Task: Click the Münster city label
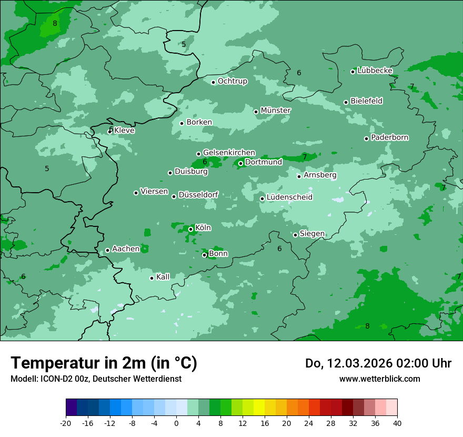click(276, 111)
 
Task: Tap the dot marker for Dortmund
click(241, 163)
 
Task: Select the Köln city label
click(203, 228)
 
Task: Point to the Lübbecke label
click(375, 71)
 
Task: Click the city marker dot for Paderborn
click(367, 138)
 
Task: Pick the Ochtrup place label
click(233, 81)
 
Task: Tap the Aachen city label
click(126, 249)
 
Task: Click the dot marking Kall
click(152, 278)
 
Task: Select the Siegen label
click(312, 234)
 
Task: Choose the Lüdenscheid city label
click(289, 197)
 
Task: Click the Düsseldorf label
click(198, 195)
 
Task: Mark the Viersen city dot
click(136, 193)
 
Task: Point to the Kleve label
click(124, 131)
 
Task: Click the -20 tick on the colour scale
click(66, 423)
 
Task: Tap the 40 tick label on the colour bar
click(397, 423)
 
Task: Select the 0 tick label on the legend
click(176, 423)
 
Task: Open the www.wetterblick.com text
click(379, 379)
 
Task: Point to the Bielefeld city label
click(366, 101)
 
